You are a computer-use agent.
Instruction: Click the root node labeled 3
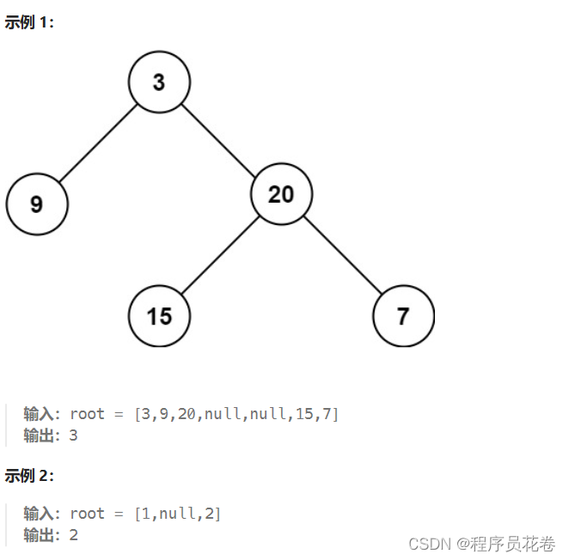point(159,82)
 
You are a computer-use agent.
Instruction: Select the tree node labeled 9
point(37,204)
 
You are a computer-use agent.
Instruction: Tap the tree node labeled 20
point(281,195)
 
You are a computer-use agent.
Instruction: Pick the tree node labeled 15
point(159,316)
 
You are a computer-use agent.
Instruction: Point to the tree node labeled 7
point(403,316)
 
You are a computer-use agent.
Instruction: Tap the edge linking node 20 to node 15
point(220,256)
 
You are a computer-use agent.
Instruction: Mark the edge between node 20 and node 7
point(342,256)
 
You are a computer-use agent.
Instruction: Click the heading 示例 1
point(29,23)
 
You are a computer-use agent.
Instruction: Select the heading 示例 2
point(29,476)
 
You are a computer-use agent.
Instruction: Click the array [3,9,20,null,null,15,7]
point(236,414)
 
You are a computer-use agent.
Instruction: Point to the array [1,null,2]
point(178,514)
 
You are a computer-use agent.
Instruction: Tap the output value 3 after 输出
point(73,435)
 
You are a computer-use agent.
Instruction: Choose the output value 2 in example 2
point(73,535)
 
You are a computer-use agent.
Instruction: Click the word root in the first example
point(87,414)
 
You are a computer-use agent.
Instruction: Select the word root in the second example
point(87,514)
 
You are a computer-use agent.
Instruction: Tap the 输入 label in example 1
point(39,414)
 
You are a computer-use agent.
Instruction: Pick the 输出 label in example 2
point(39,535)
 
